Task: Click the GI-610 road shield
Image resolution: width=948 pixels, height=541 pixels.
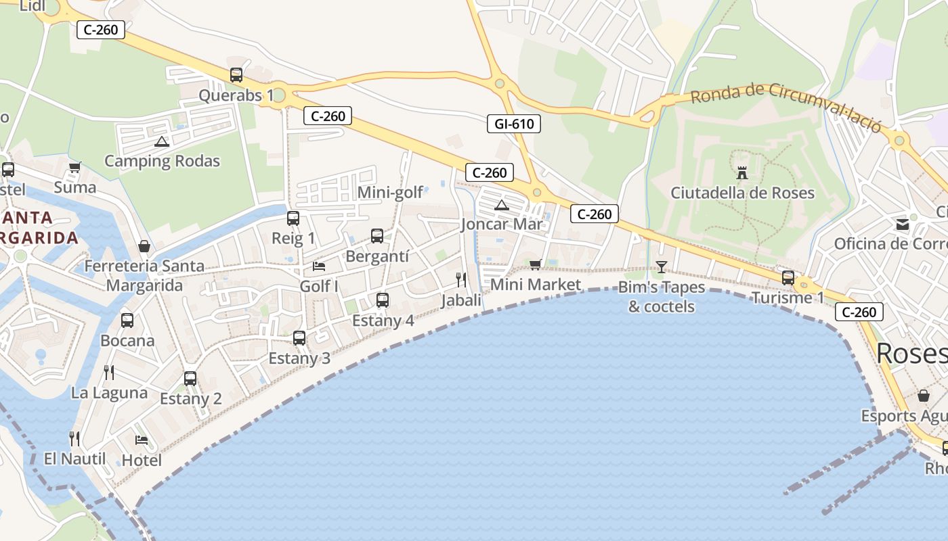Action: point(513,124)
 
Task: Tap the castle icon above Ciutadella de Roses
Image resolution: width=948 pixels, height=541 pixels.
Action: point(742,173)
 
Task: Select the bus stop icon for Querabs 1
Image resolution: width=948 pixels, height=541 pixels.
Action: point(236,75)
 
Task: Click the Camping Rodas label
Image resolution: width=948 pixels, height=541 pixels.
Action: point(162,161)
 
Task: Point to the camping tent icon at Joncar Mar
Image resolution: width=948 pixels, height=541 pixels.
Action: point(501,205)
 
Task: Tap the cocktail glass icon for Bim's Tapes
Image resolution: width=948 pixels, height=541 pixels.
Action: point(662,267)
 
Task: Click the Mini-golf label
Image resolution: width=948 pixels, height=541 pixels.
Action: point(390,193)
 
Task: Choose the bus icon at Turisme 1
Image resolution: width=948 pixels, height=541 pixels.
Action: point(788,278)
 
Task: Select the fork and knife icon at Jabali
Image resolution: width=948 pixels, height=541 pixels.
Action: point(461,279)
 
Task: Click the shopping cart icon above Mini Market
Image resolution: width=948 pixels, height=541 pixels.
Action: point(536,264)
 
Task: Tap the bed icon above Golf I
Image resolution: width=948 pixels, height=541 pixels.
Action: point(319,266)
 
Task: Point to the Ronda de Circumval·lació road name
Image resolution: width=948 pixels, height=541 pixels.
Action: point(785,106)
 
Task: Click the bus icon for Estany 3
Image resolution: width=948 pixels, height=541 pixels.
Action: point(299,338)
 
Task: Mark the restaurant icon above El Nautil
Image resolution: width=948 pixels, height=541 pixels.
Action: point(74,439)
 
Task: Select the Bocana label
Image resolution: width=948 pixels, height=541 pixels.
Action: point(127,341)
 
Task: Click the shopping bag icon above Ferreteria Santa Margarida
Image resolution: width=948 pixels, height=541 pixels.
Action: point(144,246)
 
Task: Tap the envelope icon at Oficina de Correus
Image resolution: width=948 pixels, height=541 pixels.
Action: point(902,225)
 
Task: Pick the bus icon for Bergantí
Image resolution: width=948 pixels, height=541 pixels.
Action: point(377,236)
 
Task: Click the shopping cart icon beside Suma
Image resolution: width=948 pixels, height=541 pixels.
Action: point(74,167)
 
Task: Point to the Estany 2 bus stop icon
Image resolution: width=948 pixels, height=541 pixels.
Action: point(190,379)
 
